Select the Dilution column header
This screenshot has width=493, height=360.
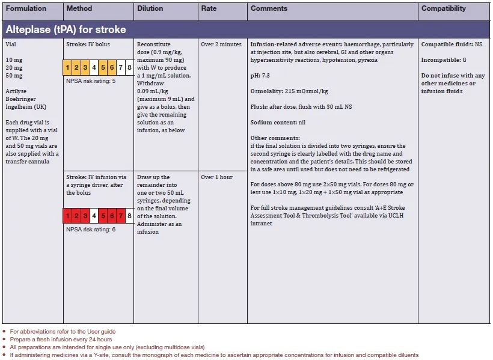pyautogui.click(x=150, y=9)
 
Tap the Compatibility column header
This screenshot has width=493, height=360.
pyautogui.click(x=443, y=9)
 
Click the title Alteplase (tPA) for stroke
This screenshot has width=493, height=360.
pyautogui.click(x=66, y=29)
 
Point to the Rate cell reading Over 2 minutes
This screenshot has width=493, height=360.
pyautogui.click(x=221, y=44)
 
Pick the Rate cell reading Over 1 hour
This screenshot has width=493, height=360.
pyautogui.click(x=216, y=177)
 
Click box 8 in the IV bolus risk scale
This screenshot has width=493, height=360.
pyautogui.click(x=129, y=67)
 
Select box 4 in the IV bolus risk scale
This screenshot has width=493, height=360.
pyautogui.click(x=94, y=67)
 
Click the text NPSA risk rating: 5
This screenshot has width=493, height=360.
pyautogui.click(x=90, y=80)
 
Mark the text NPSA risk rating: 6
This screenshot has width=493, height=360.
pyautogui.click(x=90, y=228)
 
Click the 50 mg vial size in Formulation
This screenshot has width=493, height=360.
pyautogui.click(x=13, y=76)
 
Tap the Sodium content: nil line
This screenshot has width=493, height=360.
pyautogui.click(x=278, y=122)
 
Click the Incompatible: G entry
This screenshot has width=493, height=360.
pyautogui.click(x=443, y=60)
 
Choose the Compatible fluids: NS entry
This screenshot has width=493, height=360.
pyautogui.click(x=452, y=44)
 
